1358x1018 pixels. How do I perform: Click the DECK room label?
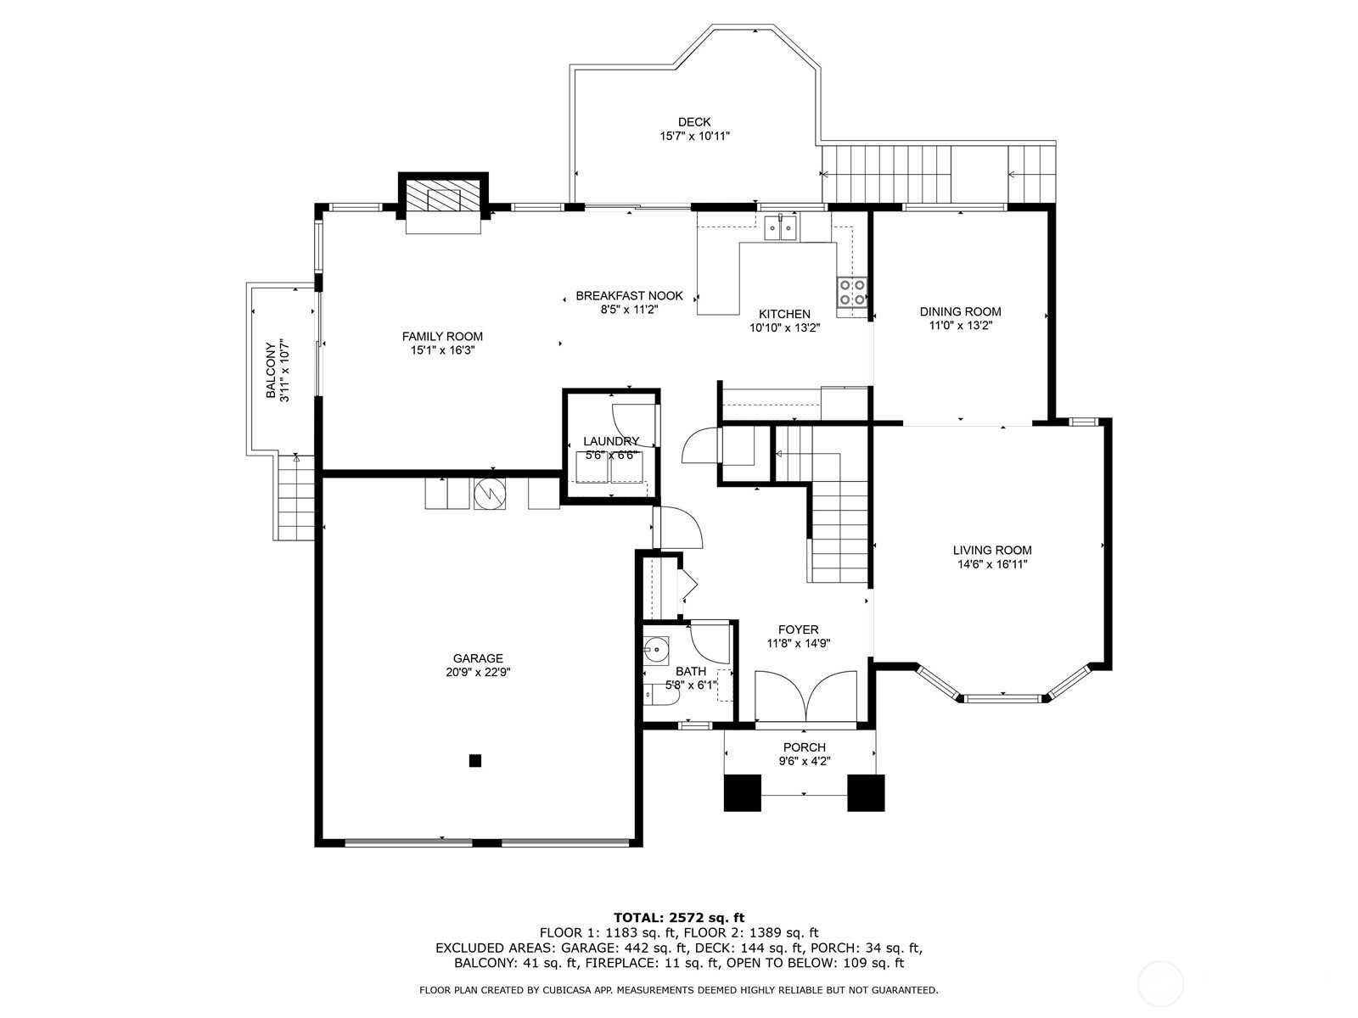click(x=694, y=122)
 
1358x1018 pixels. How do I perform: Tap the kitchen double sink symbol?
click(x=781, y=227)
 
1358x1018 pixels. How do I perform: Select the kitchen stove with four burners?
click(x=853, y=292)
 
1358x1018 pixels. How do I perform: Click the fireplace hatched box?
click(x=443, y=199)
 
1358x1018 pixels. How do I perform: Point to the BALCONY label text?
click(x=271, y=371)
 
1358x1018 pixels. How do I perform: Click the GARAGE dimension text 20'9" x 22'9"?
click(x=478, y=672)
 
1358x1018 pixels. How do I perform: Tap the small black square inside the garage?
click(x=475, y=761)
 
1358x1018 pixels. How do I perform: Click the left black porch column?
click(x=743, y=792)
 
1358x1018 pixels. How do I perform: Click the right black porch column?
click(x=866, y=792)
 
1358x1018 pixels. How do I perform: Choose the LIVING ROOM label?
click(x=992, y=550)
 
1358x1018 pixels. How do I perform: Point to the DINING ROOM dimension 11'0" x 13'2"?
click(x=960, y=325)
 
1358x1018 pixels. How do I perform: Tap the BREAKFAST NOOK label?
click(x=629, y=296)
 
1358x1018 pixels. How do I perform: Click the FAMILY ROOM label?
click(x=442, y=337)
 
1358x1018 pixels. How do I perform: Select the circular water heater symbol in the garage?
click(x=490, y=494)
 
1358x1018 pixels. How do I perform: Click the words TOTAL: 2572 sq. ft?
click(x=678, y=917)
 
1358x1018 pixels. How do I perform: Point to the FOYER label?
click(x=798, y=629)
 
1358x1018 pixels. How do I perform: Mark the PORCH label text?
click(x=804, y=747)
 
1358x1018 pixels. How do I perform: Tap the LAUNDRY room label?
click(x=610, y=441)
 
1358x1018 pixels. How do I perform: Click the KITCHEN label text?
click(x=784, y=314)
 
